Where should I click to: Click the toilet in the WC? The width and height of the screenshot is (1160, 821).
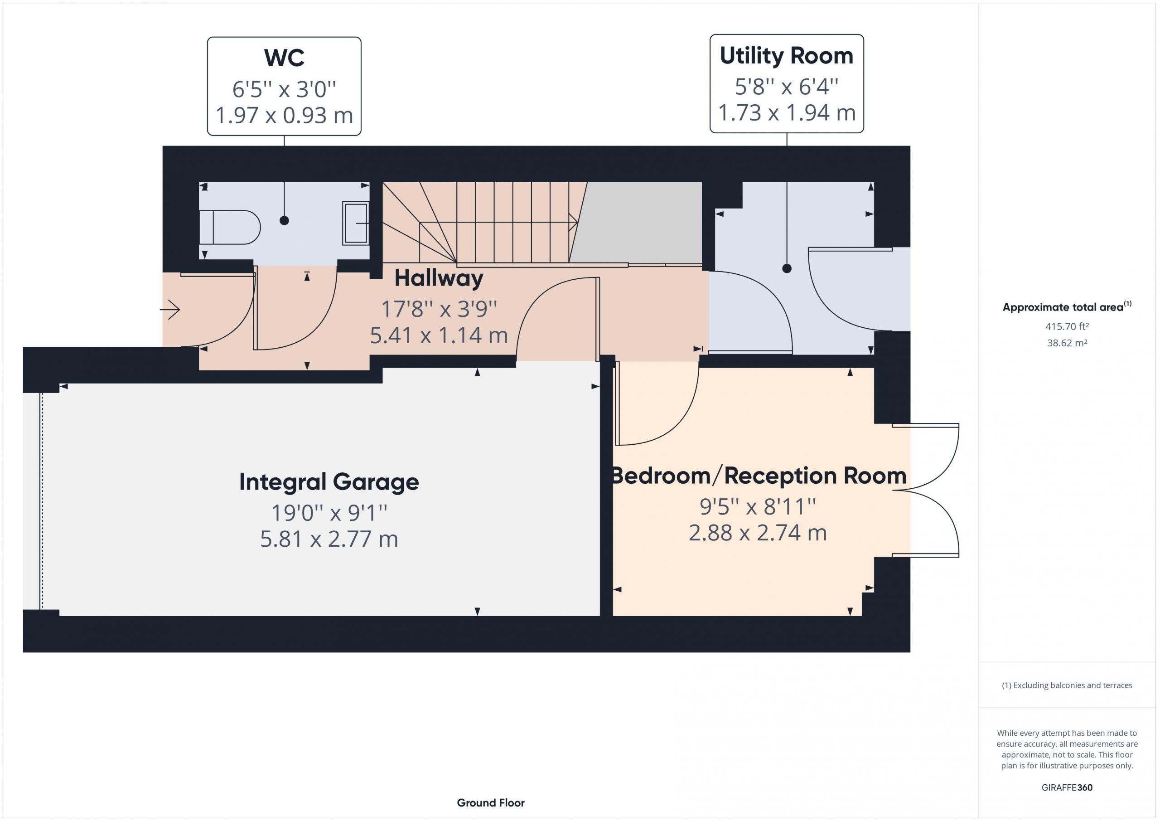pos(230,228)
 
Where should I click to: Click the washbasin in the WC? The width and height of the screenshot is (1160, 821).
pos(356,223)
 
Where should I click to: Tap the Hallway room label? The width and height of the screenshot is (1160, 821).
pos(439,278)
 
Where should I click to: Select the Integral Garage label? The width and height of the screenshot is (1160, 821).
pos(329,482)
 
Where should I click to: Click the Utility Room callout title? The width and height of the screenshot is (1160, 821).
pos(786,56)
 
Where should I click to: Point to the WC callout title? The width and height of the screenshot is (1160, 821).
pos(284,58)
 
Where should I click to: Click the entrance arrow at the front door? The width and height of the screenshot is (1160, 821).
pos(170,309)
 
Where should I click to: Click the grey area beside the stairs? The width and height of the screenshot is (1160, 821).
pos(637,223)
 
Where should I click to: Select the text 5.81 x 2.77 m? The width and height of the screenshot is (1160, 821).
pos(329,539)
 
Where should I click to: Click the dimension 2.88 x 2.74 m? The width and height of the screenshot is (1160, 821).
pos(757,533)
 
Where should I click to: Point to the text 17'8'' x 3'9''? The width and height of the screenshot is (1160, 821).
pos(439,309)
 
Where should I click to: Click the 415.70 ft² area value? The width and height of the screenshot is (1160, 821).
pos(1067,326)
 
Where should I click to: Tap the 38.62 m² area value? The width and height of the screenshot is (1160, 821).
pos(1067,343)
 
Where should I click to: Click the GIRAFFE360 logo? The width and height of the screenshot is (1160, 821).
pos(1067,787)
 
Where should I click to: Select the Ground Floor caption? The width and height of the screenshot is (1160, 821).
pos(491,802)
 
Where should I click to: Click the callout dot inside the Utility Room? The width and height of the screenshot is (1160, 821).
pos(787,268)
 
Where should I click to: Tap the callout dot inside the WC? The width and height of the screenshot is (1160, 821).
pos(284,220)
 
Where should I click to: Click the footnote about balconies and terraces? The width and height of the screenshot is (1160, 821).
pos(1067,685)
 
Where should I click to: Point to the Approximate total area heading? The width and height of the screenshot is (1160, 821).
pos(1067,306)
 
